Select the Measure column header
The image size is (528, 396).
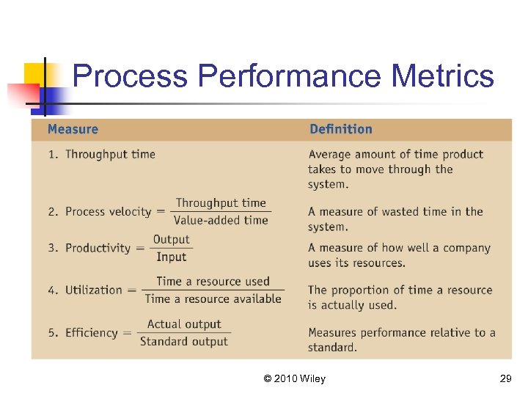(x=73, y=130)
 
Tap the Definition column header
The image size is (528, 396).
(x=341, y=130)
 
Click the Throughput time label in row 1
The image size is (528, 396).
(x=110, y=154)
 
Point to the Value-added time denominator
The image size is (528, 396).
(x=221, y=220)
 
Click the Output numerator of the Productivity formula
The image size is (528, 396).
(x=171, y=240)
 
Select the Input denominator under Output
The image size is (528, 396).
(x=171, y=257)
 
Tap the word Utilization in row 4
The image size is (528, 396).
(x=93, y=290)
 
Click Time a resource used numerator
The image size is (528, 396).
(x=213, y=282)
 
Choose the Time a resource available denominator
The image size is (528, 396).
(x=213, y=298)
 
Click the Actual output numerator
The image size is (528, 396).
(x=183, y=324)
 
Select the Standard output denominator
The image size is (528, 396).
(x=183, y=341)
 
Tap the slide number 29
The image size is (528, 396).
(x=505, y=378)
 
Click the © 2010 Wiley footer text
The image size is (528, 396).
(x=294, y=378)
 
